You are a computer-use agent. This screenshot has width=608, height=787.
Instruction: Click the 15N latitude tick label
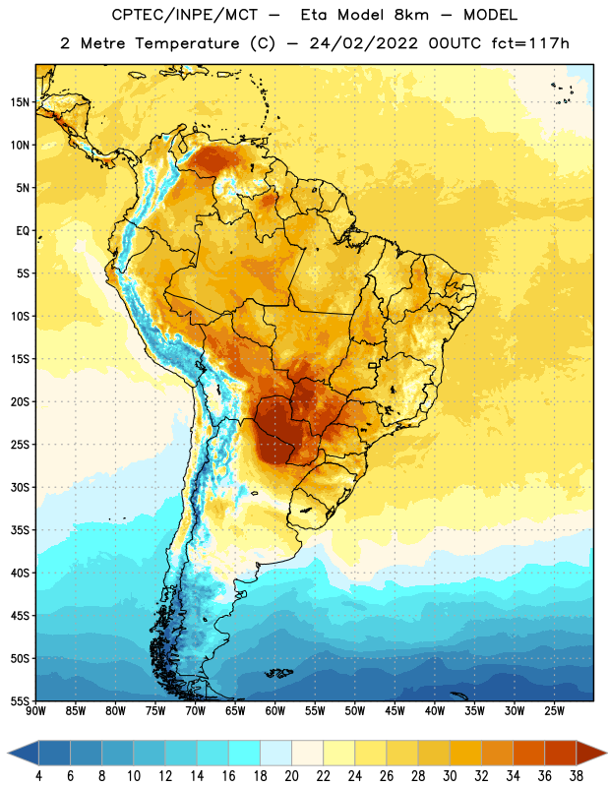pyautogui.click(x=20, y=102)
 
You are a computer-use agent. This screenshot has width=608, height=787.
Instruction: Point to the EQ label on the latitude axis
pyautogui.click(x=23, y=231)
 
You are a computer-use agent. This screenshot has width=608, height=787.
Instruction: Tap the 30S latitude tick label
pyautogui.click(x=20, y=487)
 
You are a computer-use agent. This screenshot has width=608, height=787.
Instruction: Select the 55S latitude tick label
pyautogui.click(x=20, y=701)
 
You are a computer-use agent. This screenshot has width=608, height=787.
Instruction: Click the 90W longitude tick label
pyautogui.click(x=35, y=711)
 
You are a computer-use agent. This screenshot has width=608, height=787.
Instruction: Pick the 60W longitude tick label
pyautogui.click(x=275, y=711)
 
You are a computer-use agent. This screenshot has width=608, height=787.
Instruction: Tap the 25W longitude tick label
pyautogui.click(x=554, y=711)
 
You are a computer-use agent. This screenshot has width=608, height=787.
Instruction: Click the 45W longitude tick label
pyautogui.click(x=395, y=711)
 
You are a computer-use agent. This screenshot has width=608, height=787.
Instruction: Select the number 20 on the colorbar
pyautogui.click(x=291, y=776)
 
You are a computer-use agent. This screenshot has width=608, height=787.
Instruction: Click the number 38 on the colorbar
pyautogui.click(x=577, y=776)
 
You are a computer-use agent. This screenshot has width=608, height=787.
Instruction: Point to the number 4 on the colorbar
pyautogui.click(x=38, y=776)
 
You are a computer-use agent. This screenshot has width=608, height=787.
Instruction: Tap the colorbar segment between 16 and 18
pyautogui.click(x=245, y=753)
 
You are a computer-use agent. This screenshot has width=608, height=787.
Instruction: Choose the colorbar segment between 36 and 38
pyautogui.click(x=561, y=753)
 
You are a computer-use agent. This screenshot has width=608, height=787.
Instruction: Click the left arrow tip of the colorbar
pyautogui.click(x=8, y=753)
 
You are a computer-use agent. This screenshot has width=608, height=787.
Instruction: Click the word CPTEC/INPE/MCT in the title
pyautogui.click(x=184, y=15)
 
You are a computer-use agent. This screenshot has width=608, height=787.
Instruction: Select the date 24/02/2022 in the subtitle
pyautogui.click(x=363, y=43)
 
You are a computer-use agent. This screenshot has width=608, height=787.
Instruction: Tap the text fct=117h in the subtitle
pyautogui.click(x=530, y=43)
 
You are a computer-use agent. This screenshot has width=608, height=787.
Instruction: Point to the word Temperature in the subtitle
pyautogui.click(x=187, y=43)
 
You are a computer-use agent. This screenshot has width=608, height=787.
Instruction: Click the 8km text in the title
pyautogui.click(x=411, y=15)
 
